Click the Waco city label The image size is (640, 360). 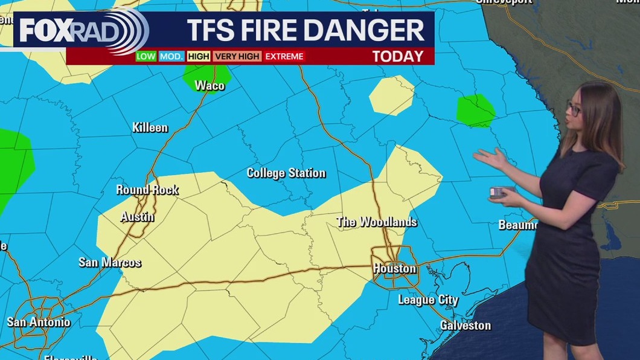210,86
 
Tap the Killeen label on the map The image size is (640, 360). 150,127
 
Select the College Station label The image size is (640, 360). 286,173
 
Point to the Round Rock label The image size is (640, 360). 147,190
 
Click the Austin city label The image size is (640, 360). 137,217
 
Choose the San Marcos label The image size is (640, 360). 110,262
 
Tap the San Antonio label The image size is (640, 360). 39,322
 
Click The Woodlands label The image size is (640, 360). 377,222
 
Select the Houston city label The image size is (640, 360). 394,268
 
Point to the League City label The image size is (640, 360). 428,300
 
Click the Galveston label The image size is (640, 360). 465,326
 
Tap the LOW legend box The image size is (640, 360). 146,56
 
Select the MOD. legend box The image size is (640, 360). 171,56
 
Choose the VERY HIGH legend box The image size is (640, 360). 237,56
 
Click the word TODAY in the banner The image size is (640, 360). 397,56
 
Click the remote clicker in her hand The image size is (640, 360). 501,192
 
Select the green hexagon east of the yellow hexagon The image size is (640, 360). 476,111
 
